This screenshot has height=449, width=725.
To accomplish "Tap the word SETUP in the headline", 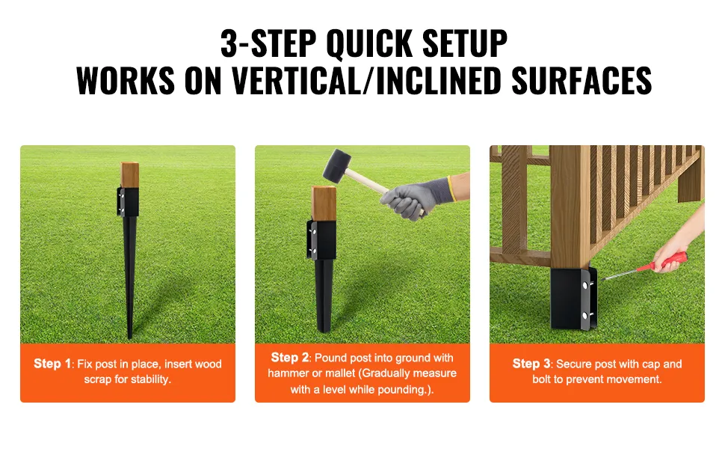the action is [465, 43].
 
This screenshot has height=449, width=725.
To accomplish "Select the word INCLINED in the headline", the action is [438, 81].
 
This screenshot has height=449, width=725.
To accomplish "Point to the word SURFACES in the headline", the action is [581, 81].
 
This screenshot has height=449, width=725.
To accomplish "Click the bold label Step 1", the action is [52, 364].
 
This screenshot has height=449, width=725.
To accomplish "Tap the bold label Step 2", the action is [290, 358].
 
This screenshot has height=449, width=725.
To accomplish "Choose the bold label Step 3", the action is [531, 364].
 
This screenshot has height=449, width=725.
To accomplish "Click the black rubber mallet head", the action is [337, 165].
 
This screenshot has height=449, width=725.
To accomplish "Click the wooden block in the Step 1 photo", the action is [130, 175].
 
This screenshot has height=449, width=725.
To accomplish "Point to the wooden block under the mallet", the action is [324, 204].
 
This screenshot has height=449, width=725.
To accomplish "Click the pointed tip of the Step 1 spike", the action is [130, 337].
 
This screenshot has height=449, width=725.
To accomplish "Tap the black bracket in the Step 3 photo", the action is [573, 298].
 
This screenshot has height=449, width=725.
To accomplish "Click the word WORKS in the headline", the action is [126, 81].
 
